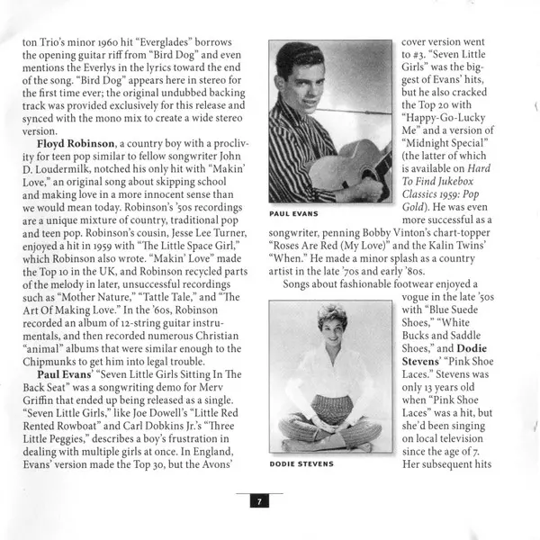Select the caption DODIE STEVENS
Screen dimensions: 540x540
tap(301, 464)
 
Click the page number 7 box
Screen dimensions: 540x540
tap(257, 502)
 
